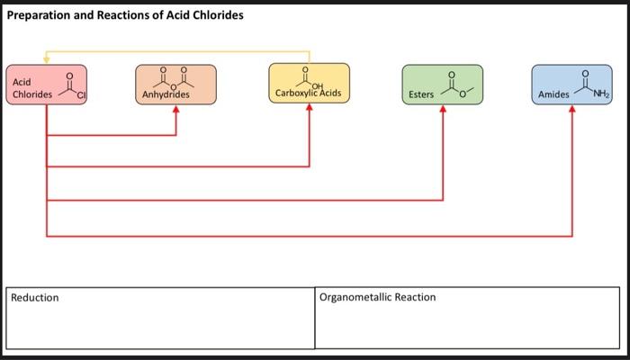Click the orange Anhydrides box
tap(175, 84)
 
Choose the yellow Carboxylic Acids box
tap(309, 83)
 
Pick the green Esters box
tap(442, 85)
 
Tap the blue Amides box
tap(571, 85)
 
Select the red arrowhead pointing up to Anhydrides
tap(175, 110)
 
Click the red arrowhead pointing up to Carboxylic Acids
tap(309, 109)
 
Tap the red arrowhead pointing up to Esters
tap(442, 110)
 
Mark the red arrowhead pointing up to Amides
tap(572, 110)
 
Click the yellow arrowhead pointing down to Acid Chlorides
tap(46, 59)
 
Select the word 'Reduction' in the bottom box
tap(35, 298)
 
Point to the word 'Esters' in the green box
tap(421, 94)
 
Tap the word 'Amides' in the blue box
tap(553, 94)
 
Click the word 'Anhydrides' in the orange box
tap(167, 94)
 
